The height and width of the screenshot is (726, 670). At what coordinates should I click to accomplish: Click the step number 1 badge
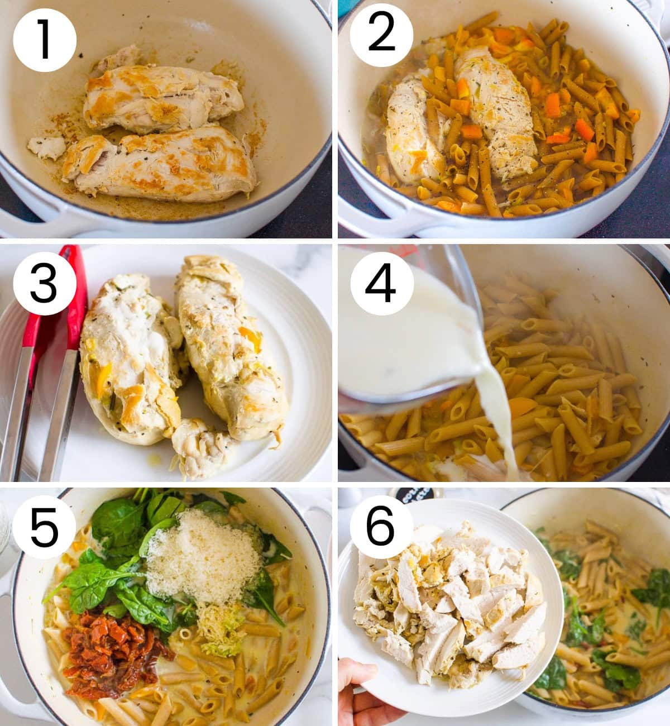(45, 40)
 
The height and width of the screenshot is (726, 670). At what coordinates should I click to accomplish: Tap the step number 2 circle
(381, 35)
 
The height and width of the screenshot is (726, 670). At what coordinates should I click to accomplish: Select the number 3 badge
(45, 283)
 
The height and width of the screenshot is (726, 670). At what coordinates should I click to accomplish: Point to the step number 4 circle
(381, 284)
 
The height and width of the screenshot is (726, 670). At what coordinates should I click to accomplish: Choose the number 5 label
(44, 527)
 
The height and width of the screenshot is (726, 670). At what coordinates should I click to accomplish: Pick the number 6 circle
(381, 527)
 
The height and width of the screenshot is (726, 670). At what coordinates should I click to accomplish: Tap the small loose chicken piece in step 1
(46, 147)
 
